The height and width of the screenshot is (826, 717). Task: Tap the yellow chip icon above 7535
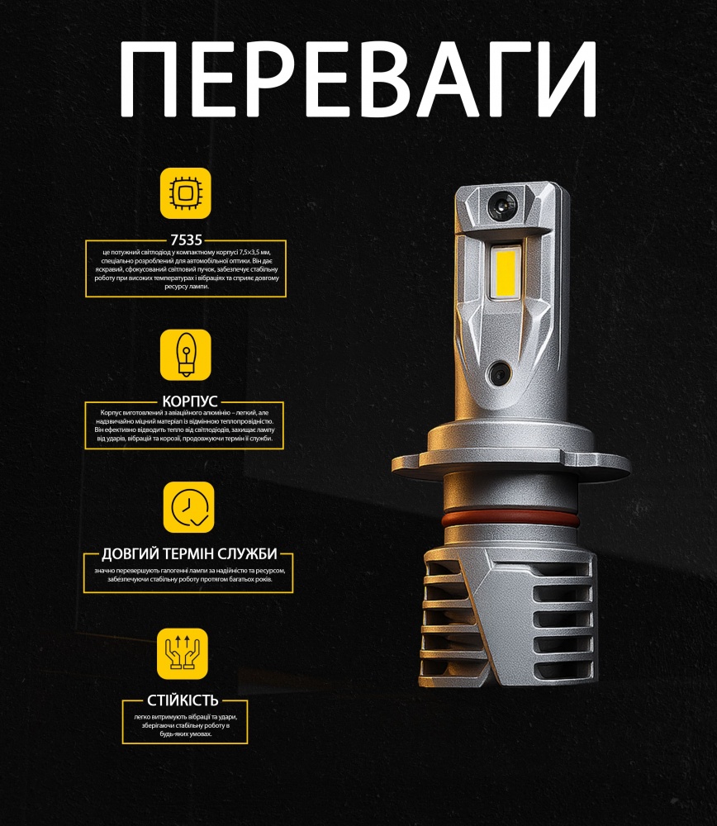[x=185, y=193]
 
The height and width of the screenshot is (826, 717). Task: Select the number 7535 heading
[x=185, y=240]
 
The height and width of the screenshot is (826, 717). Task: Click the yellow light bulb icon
[x=185, y=354]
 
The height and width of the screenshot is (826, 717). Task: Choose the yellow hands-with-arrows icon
[x=183, y=653]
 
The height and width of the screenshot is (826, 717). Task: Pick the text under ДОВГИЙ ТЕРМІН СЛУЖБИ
[x=189, y=575]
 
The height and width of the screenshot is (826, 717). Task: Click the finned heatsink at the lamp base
[x=506, y=624]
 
